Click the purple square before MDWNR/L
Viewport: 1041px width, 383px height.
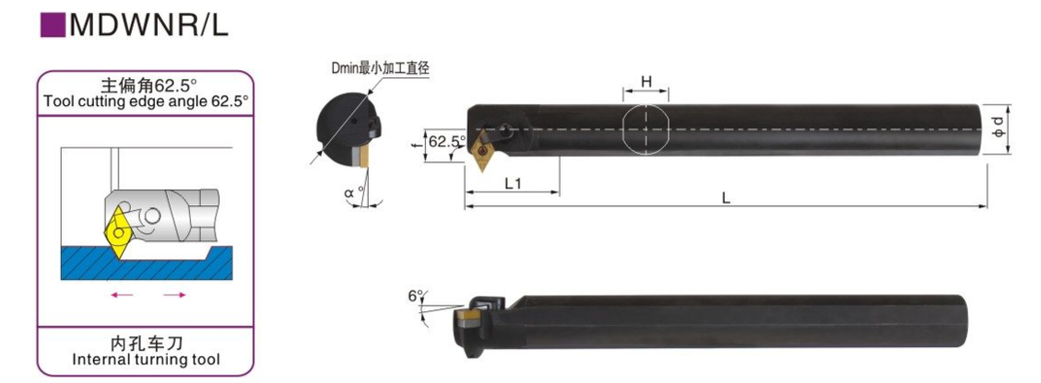tap(53, 24)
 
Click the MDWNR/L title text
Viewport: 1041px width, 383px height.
tap(148, 25)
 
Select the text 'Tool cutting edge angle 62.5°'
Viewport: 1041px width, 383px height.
tap(146, 101)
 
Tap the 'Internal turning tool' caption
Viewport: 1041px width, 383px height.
tap(146, 360)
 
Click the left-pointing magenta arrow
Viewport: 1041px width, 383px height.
tap(123, 295)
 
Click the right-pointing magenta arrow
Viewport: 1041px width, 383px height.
tap(174, 295)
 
